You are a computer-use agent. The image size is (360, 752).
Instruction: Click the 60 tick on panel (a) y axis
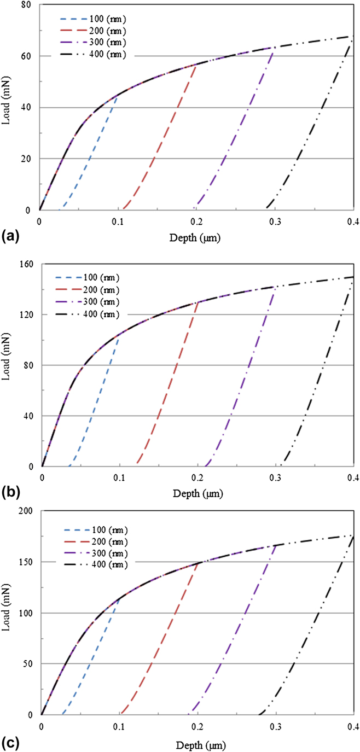pos(26,56)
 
